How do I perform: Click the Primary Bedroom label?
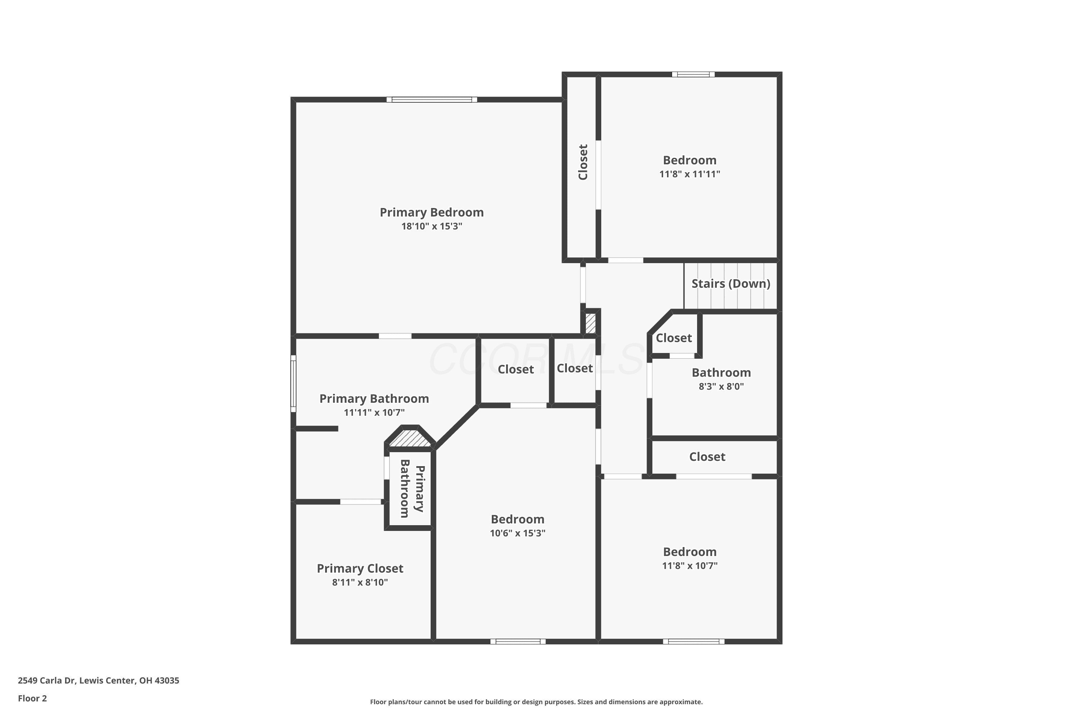point(432,212)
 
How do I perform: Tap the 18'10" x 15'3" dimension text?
point(432,226)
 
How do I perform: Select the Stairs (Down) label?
point(731,284)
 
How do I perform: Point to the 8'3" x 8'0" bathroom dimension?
point(721,386)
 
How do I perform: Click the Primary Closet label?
point(360,569)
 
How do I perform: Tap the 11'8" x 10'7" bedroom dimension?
point(690,565)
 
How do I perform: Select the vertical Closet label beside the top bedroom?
point(583,162)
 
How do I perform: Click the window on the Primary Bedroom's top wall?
point(432,100)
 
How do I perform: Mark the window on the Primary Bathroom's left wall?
point(293,383)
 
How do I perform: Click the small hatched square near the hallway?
point(591,323)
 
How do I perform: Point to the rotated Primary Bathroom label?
point(412,489)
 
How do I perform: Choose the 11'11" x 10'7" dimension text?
point(374,412)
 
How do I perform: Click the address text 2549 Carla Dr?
point(46,681)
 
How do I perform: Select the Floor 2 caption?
point(33,698)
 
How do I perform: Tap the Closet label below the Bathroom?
point(707,457)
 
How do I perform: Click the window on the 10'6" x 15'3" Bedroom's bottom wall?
point(518,642)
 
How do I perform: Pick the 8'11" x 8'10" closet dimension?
point(360,582)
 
